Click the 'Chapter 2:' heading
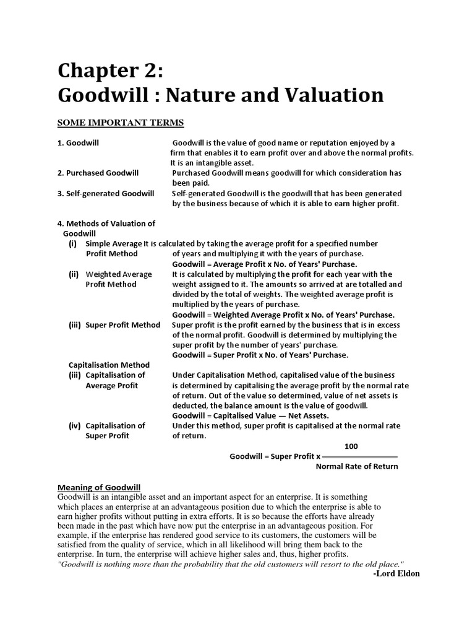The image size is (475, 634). (x=111, y=72)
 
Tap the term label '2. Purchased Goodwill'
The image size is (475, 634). (x=98, y=173)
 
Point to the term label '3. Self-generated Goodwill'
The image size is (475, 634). (x=106, y=193)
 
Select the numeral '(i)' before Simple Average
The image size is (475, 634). (x=72, y=243)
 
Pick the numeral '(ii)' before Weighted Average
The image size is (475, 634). (x=74, y=274)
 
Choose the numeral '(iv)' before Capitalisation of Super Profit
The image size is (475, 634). (x=74, y=425)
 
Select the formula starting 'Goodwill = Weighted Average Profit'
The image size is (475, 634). (x=284, y=315)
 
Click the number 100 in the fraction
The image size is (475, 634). (x=350, y=446)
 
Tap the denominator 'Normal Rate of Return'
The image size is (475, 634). (x=357, y=466)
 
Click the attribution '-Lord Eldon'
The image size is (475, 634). (x=396, y=573)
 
